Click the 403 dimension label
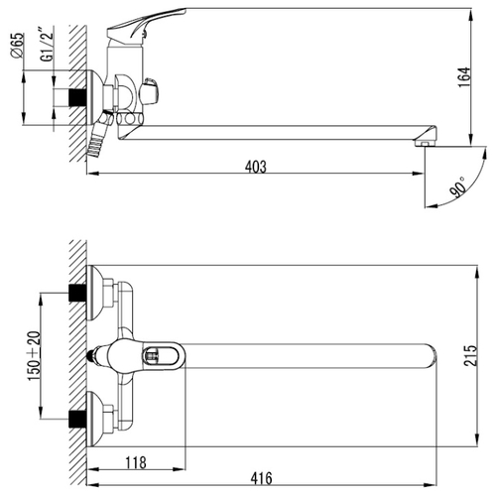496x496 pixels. tap(256, 167)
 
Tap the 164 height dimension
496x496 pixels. tap(464, 77)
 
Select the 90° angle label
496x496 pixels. tap(458, 187)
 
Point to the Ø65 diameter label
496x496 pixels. tap(18, 46)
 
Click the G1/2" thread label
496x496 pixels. tap(47, 45)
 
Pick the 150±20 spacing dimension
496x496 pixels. tap(35, 356)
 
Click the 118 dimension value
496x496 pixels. tap(136, 463)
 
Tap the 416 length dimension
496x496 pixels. tap(261, 478)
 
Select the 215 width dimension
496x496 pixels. tap(470, 355)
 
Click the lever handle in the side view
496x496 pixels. tap(146, 25)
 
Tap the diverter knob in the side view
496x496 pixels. tap(150, 90)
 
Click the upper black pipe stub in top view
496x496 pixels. tap(77, 293)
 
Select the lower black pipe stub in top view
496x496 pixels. tap(77, 419)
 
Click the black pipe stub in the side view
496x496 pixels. tap(77, 97)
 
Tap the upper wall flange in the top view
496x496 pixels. tap(93, 293)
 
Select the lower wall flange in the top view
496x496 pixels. tap(93, 419)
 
